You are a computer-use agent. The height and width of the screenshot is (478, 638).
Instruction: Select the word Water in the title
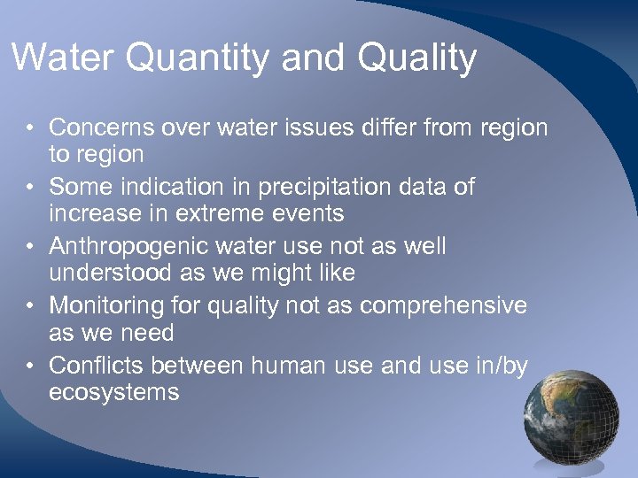pyautogui.click(x=64, y=58)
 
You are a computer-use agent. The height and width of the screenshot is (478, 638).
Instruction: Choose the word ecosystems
pyautogui.click(x=113, y=392)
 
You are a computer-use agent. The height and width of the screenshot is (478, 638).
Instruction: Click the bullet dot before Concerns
pyautogui.click(x=30, y=128)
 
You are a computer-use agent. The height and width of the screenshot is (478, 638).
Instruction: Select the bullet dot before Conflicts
pyautogui.click(x=30, y=366)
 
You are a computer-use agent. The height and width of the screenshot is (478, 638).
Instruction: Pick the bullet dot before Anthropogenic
pyautogui.click(x=30, y=247)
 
